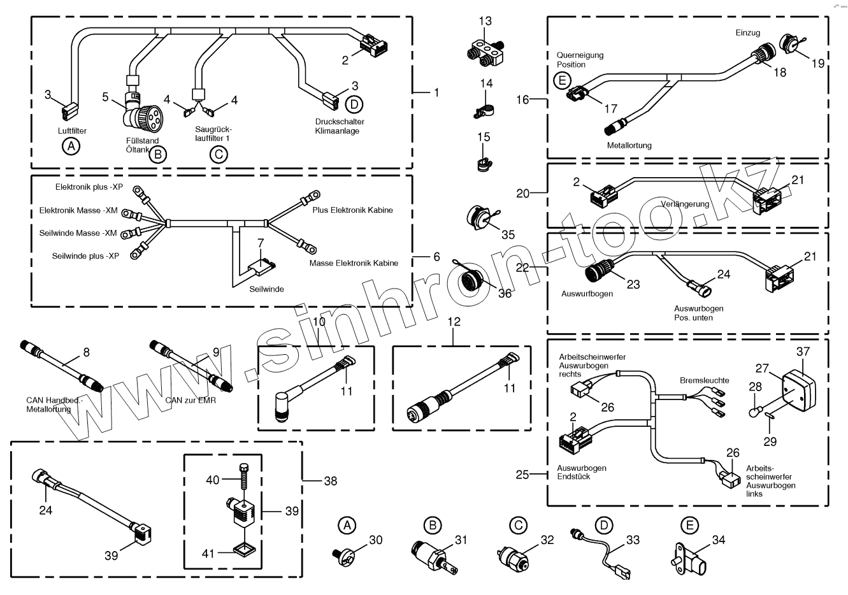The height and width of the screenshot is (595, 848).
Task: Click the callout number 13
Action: point(485,22)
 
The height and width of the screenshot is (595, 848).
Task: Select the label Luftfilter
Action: point(72,131)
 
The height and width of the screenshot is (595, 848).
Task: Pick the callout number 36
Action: point(505,293)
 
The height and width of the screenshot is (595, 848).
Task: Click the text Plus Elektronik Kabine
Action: point(352,210)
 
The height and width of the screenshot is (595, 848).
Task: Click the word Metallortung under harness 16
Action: point(629,146)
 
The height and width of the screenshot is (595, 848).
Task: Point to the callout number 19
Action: point(817,62)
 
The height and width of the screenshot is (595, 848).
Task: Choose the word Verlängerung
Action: point(685,204)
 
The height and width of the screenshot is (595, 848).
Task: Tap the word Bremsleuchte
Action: point(704,380)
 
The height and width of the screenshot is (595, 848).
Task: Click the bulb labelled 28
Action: point(754,412)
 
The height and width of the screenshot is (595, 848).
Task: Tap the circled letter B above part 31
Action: point(433,526)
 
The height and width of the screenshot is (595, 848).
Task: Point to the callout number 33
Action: point(632,540)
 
